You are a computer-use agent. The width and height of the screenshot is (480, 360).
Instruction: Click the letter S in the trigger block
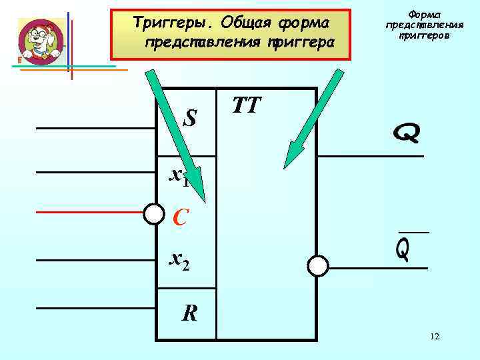pos(191,118)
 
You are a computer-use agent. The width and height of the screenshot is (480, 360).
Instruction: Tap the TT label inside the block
pos(247,105)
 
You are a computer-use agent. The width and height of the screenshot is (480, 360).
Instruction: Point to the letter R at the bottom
pos(190,313)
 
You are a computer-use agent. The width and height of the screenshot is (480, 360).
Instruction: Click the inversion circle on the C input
pos(154,213)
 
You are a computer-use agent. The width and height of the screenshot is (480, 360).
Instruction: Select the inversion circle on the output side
pos(318,266)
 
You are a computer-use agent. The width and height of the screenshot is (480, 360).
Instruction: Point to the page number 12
pos(435,337)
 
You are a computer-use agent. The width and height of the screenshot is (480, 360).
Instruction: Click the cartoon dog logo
pos(41,40)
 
